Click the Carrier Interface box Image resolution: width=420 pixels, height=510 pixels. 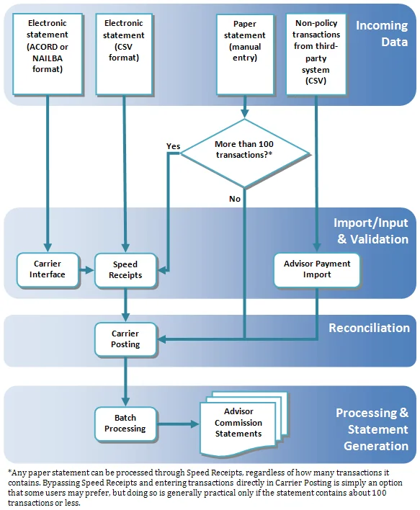coord(48,269)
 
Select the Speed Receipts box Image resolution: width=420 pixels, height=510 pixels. coord(125,269)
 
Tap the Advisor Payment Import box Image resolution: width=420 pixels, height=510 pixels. coord(317,269)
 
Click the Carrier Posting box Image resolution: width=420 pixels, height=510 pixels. coord(125,339)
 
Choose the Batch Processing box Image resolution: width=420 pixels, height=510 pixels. coord(125,423)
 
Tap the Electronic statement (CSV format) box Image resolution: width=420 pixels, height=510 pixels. coord(124,51)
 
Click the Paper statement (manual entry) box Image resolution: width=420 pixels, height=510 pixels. coord(245,51)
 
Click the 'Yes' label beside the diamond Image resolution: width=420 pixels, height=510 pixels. coord(173,146)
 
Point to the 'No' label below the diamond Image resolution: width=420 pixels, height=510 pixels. coord(235,199)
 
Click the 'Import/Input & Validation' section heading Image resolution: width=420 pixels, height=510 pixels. coord(370,231)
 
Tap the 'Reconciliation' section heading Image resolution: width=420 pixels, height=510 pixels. coord(369,328)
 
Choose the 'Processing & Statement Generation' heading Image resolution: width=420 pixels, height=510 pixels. coord(371,429)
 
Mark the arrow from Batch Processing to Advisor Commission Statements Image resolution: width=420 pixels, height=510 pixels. coord(177,424)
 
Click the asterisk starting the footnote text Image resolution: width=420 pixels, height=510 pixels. coord(10,471)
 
